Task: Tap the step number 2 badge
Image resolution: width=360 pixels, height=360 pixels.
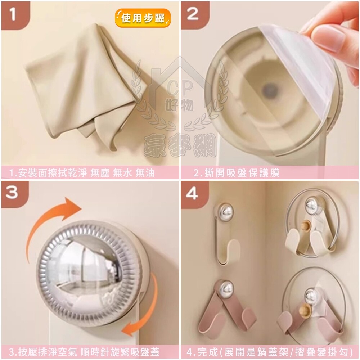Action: (195, 15)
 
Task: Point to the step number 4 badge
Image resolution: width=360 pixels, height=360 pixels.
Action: (195, 194)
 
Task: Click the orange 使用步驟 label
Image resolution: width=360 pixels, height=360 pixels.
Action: (143, 18)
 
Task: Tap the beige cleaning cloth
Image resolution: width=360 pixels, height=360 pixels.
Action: (85, 85)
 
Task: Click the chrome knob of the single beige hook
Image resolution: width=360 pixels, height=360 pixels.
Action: (225, 211)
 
